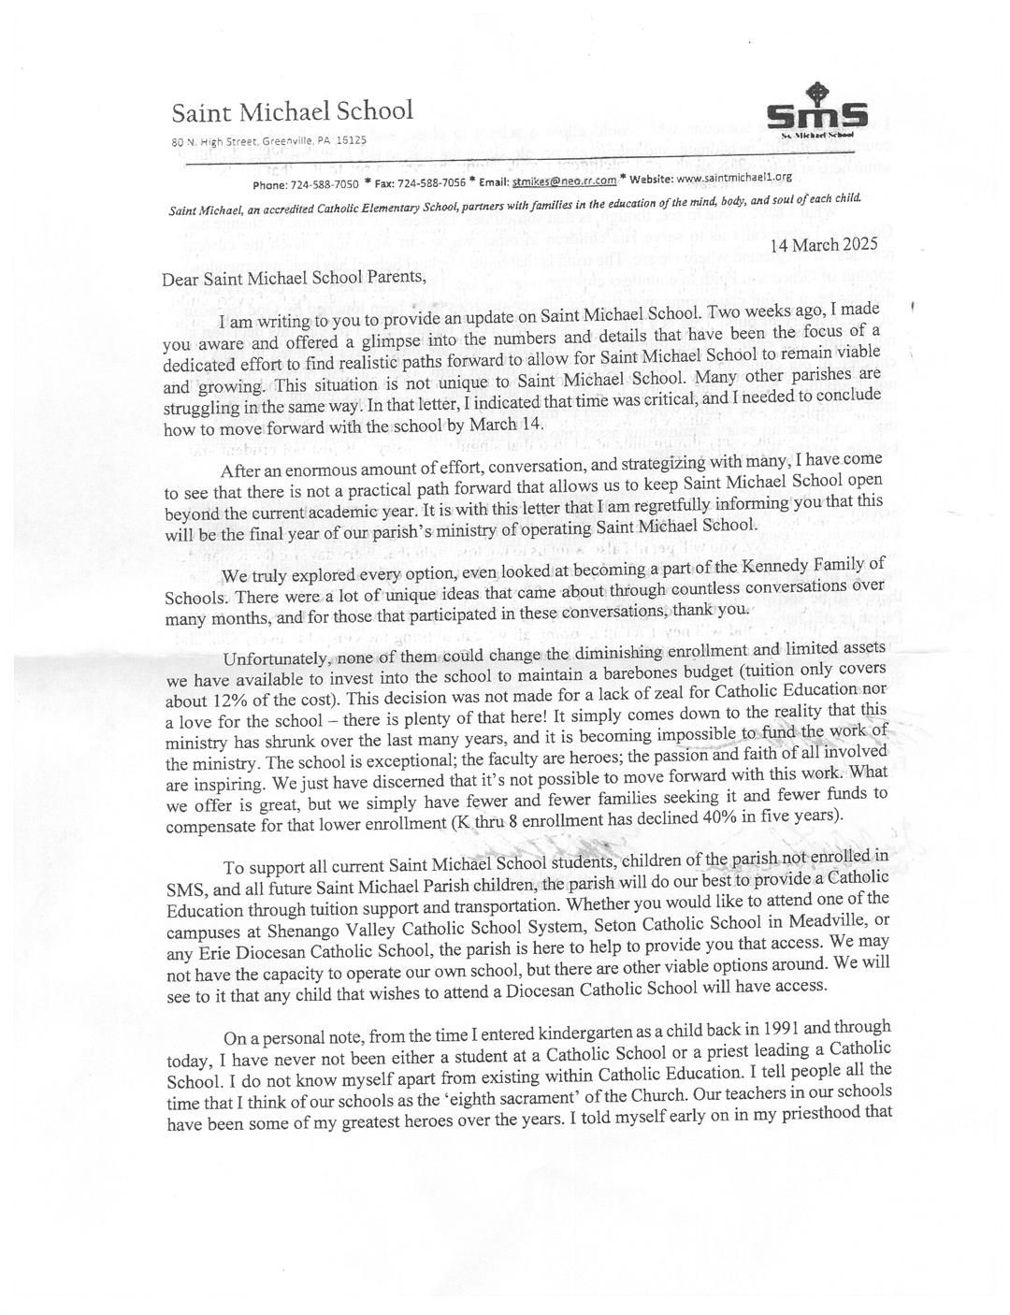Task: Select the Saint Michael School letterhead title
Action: pos(292,111)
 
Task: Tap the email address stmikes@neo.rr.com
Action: pos(564,178)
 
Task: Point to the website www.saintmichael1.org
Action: pos(720,176)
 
